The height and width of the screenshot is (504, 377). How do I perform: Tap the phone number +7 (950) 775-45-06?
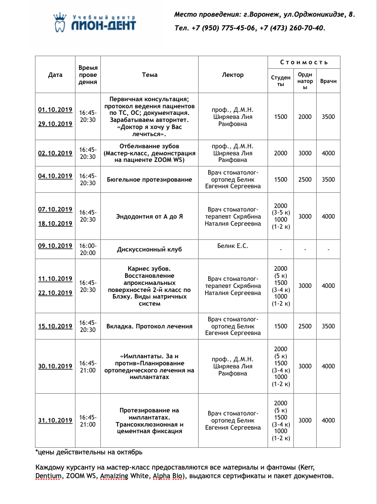click(x=224, y=28)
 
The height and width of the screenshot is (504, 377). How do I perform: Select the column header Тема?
click(x=149, y=75)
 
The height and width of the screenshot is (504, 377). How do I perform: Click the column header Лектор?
click(x=233, y=75)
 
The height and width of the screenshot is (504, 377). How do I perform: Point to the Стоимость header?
click(x=304, y=62)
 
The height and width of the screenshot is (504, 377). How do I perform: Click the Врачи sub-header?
click(x=328, y=81)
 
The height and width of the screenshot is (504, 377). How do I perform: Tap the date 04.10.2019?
click(x=55, y=176)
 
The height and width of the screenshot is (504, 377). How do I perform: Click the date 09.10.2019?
click(x=55, y=246)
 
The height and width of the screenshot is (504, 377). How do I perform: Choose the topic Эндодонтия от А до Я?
click(x=149, y=217)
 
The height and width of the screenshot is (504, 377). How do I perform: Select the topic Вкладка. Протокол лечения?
click(x=149, y=326)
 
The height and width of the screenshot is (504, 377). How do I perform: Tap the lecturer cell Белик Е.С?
click(x=233, y=246)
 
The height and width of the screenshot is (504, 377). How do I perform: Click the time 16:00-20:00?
click(x=88, y=249)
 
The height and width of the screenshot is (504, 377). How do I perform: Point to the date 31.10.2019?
click(x=55, y=421)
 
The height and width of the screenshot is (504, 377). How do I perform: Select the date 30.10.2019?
click(x=55, y=366)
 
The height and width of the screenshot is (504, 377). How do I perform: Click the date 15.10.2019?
click(x=55, y=326)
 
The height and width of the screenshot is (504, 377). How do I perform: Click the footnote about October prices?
click(x=89, y=452)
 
